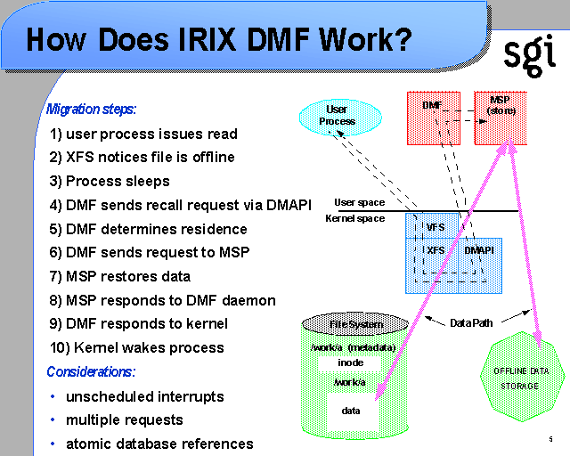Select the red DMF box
pyautogui.click(x=432, y=118)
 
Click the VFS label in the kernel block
pyautogui.click(x=435, y=227)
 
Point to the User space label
pyautogui.click(x=360, y=203)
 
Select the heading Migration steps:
pyautogui.click(x=92, y=110)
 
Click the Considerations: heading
pyautogui.click(x=91, y=371)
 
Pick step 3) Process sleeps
pyautogui.click(x=110, y=182)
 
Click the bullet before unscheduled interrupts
pyautogui.click(x=53, y=395)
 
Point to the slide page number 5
pyautogui.click(x=551, y=440)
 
